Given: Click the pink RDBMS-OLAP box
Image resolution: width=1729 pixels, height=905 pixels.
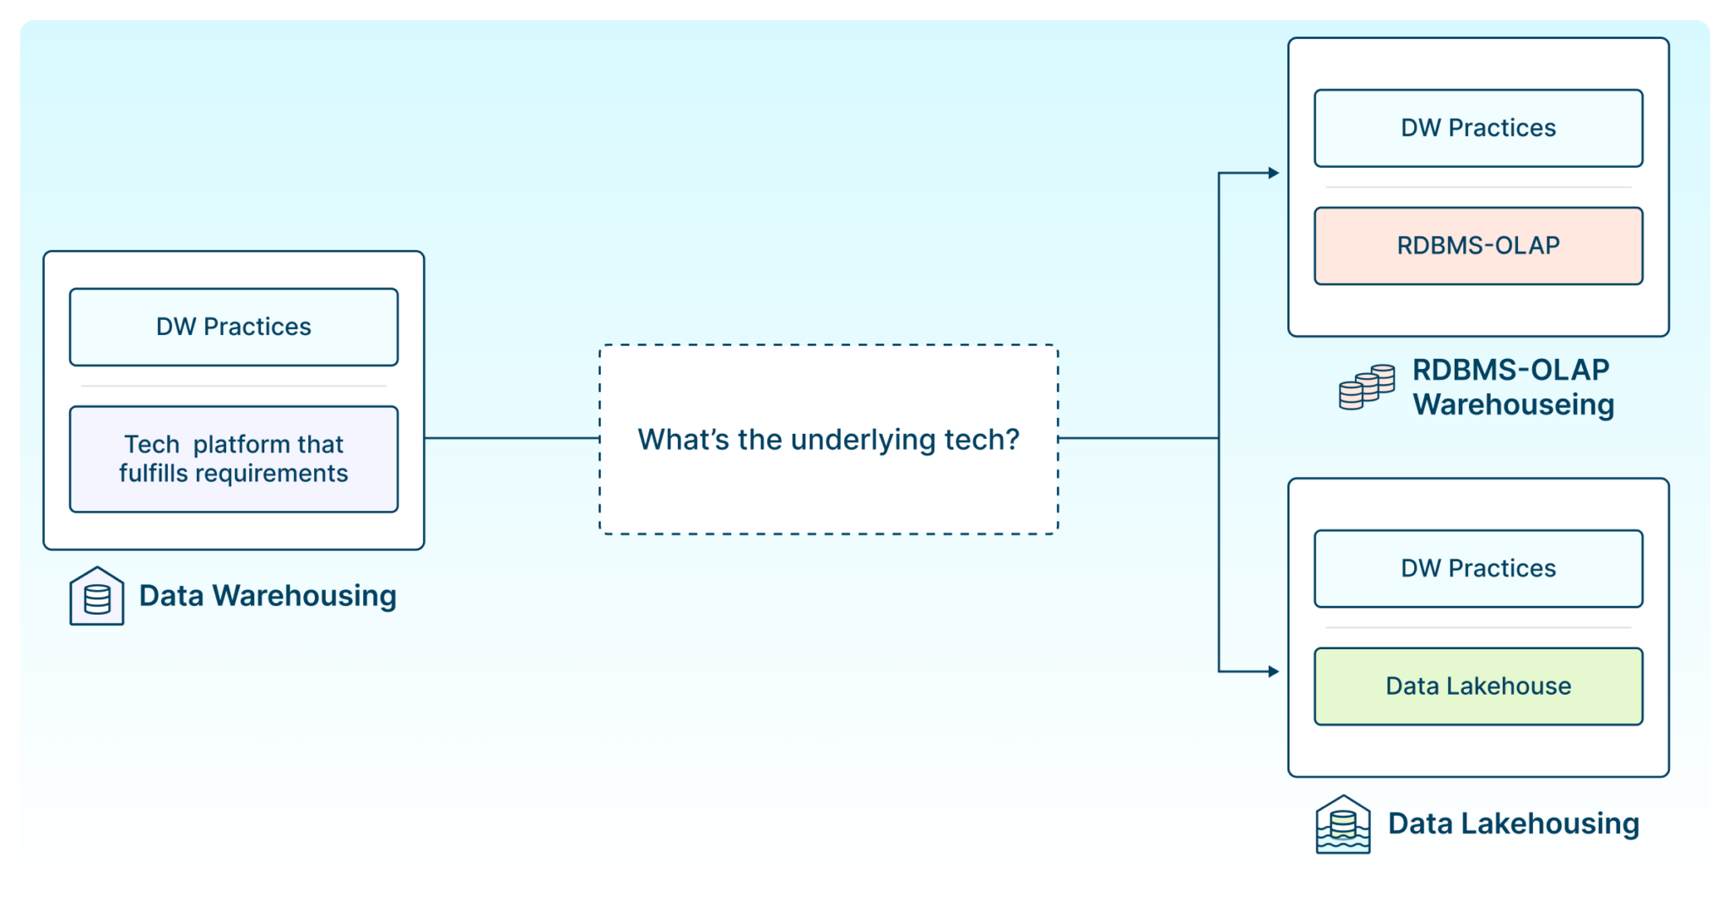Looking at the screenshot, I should tap(1478, 246).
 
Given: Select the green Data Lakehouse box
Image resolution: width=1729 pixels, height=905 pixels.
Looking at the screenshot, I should tap(1478, 686).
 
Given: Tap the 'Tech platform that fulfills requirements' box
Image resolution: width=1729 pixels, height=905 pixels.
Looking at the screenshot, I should tap(234, 459).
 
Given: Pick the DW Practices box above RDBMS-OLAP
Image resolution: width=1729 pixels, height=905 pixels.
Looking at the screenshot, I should tap(1478, 128).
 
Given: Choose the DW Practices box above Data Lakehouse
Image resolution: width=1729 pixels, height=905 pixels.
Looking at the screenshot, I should tap(1478, 569).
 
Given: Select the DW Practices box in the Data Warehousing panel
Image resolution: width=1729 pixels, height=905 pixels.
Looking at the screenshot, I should tap(234, 328).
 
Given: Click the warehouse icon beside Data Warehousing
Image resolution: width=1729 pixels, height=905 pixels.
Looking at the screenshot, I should tap(97, 596).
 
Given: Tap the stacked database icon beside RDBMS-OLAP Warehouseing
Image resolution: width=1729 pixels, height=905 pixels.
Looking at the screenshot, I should tap(1367, 387).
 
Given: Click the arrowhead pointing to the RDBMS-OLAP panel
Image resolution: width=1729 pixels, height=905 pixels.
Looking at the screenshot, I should tap(1273, 173).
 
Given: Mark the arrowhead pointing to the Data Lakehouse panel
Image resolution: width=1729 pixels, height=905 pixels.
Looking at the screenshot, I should tap(1273, 672).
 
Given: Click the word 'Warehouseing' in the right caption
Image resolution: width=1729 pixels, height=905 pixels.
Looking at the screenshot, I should tap(1514, 405).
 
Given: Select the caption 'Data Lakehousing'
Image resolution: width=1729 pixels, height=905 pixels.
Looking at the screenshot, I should tap(1514, 824).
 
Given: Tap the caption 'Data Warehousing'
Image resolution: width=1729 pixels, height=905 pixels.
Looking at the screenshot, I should tap(268, 596).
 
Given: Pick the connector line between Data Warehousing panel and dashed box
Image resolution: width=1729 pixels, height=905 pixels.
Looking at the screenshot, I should tap(512, 438).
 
